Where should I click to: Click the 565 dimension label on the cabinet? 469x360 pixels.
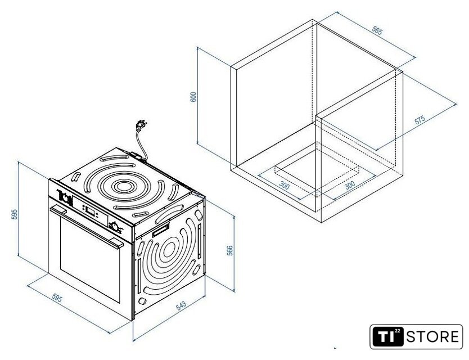click(x=377, y=31)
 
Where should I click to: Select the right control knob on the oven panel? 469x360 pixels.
click(x=116, y=227)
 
